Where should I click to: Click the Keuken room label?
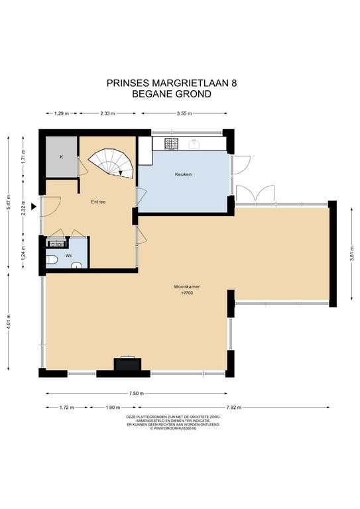[x=183, y=174]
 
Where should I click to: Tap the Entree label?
[x=98, y=202]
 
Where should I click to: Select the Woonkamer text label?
[x=187, y=287]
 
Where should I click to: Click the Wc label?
[x=68, y=256]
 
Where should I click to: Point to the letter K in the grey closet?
[x=61, y=157]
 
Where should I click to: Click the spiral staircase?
[x=111, y=163]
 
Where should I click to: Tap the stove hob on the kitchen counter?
[x=171, y=143]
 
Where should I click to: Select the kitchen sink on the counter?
[x=195, y=143]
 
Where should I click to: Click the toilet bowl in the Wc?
[x=52, y=260]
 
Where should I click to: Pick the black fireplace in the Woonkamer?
[x=127, y=364]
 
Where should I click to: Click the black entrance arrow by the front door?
[x=33, y=207]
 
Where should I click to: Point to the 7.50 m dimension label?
[x=137, y=394]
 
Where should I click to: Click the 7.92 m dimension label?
[x=234, y=408]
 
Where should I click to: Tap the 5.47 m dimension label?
[x=9, y=203]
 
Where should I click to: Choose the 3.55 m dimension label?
[x=184, y=113]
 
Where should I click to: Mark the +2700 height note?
[x=187, y=293]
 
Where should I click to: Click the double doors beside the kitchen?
[x=255, y=194]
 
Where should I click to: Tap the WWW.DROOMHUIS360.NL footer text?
[x=173, y=428]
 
